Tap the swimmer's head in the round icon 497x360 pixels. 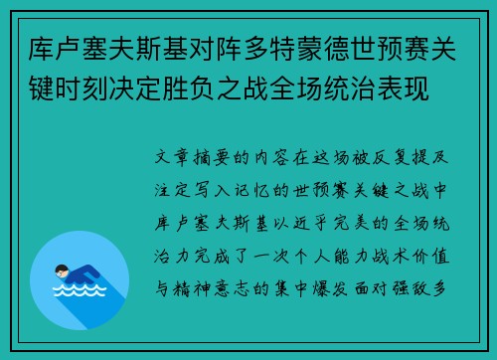62,270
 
